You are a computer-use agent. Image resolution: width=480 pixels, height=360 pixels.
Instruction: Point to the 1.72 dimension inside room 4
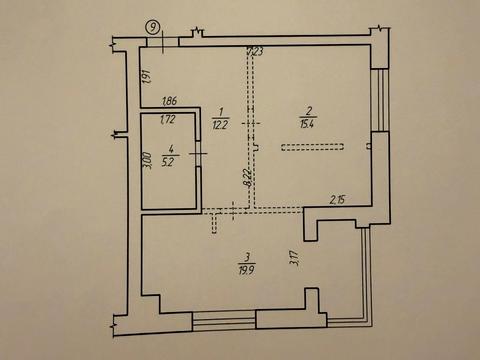pos(169,119)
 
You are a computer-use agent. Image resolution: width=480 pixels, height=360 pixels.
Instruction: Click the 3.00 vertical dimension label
pos(147,163)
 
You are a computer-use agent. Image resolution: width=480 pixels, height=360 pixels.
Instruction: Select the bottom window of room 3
pos(224,321)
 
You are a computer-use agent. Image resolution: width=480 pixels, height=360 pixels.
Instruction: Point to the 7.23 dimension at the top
pos(255,52)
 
